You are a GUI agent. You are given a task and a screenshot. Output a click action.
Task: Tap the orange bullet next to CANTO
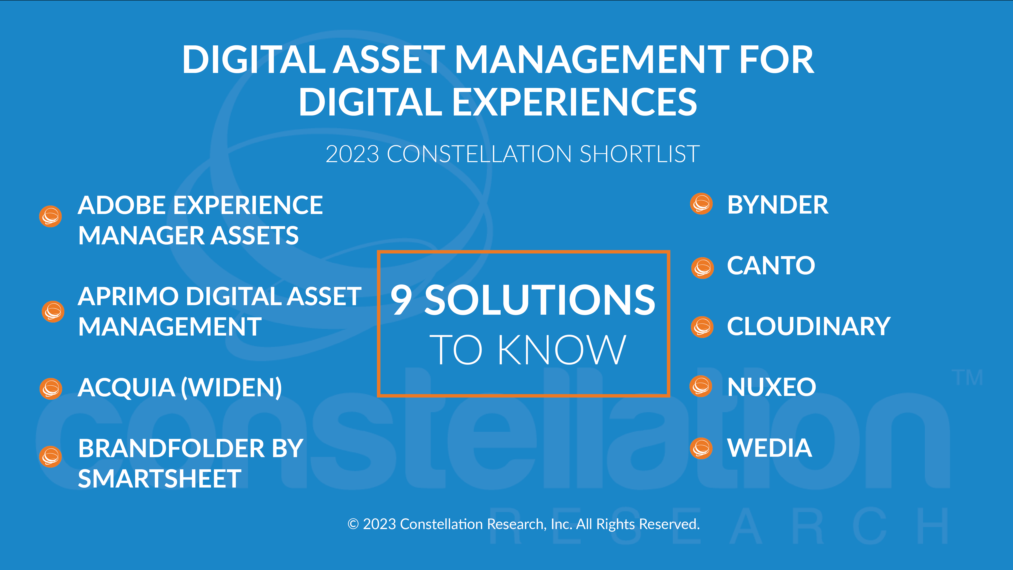(x=702, y=268)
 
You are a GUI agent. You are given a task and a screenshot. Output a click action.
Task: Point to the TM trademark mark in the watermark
(x=967, y=378)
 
